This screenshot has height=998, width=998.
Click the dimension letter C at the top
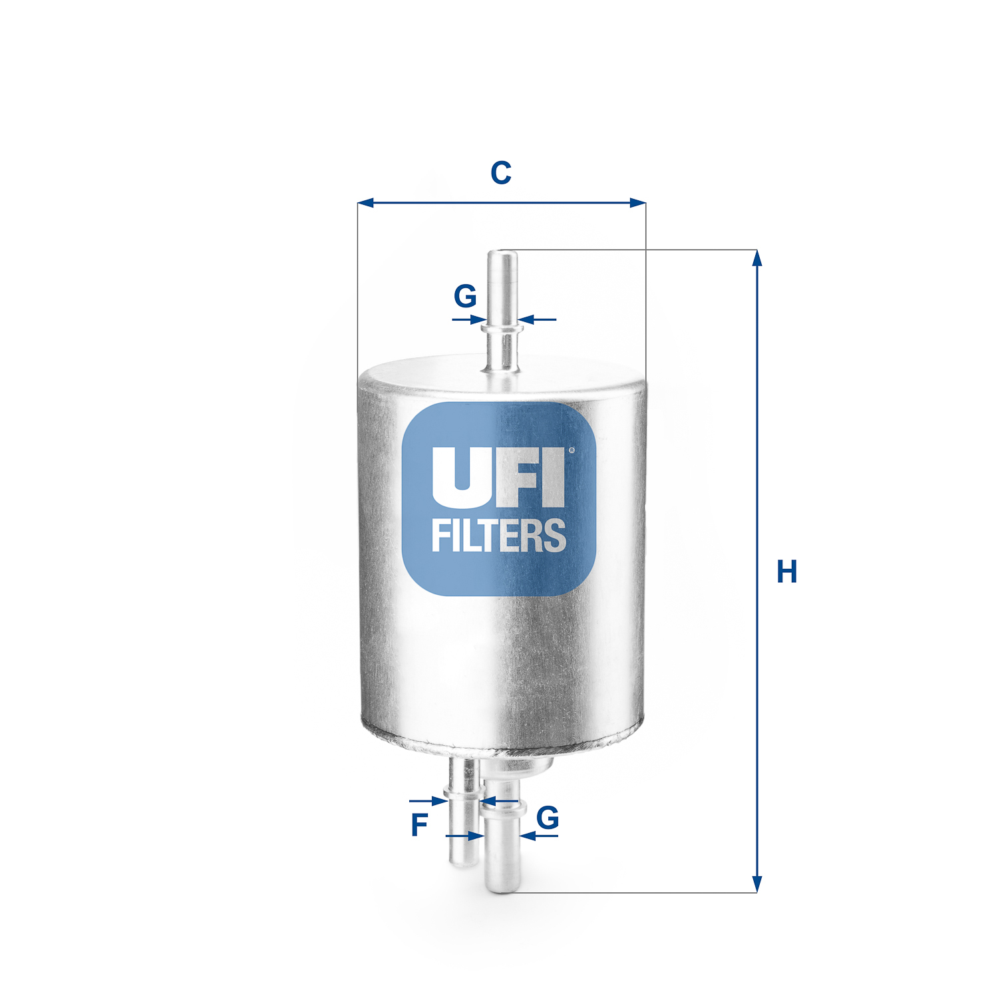tap(500, 173)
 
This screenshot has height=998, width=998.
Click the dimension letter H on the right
tap(786, 572)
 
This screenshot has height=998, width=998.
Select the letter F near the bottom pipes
tap(419, 825)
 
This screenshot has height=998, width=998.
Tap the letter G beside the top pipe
tap(465, 296)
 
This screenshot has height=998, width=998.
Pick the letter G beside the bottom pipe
tap(548, 818)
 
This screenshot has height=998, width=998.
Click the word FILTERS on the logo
tap(498, 536)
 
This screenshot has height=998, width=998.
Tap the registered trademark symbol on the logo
tap(571, 450)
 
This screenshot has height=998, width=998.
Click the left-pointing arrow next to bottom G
tap(527, 836)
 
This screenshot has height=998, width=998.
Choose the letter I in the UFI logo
tap(552, 476)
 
